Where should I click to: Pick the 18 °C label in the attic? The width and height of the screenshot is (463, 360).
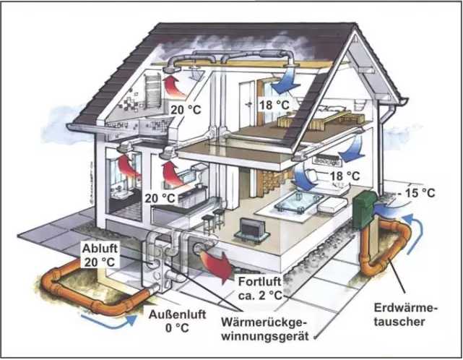pos(275,105)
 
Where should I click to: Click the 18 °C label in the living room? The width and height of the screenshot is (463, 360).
pos(345,176)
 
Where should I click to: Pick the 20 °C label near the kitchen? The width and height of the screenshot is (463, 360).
pos(160,197)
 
